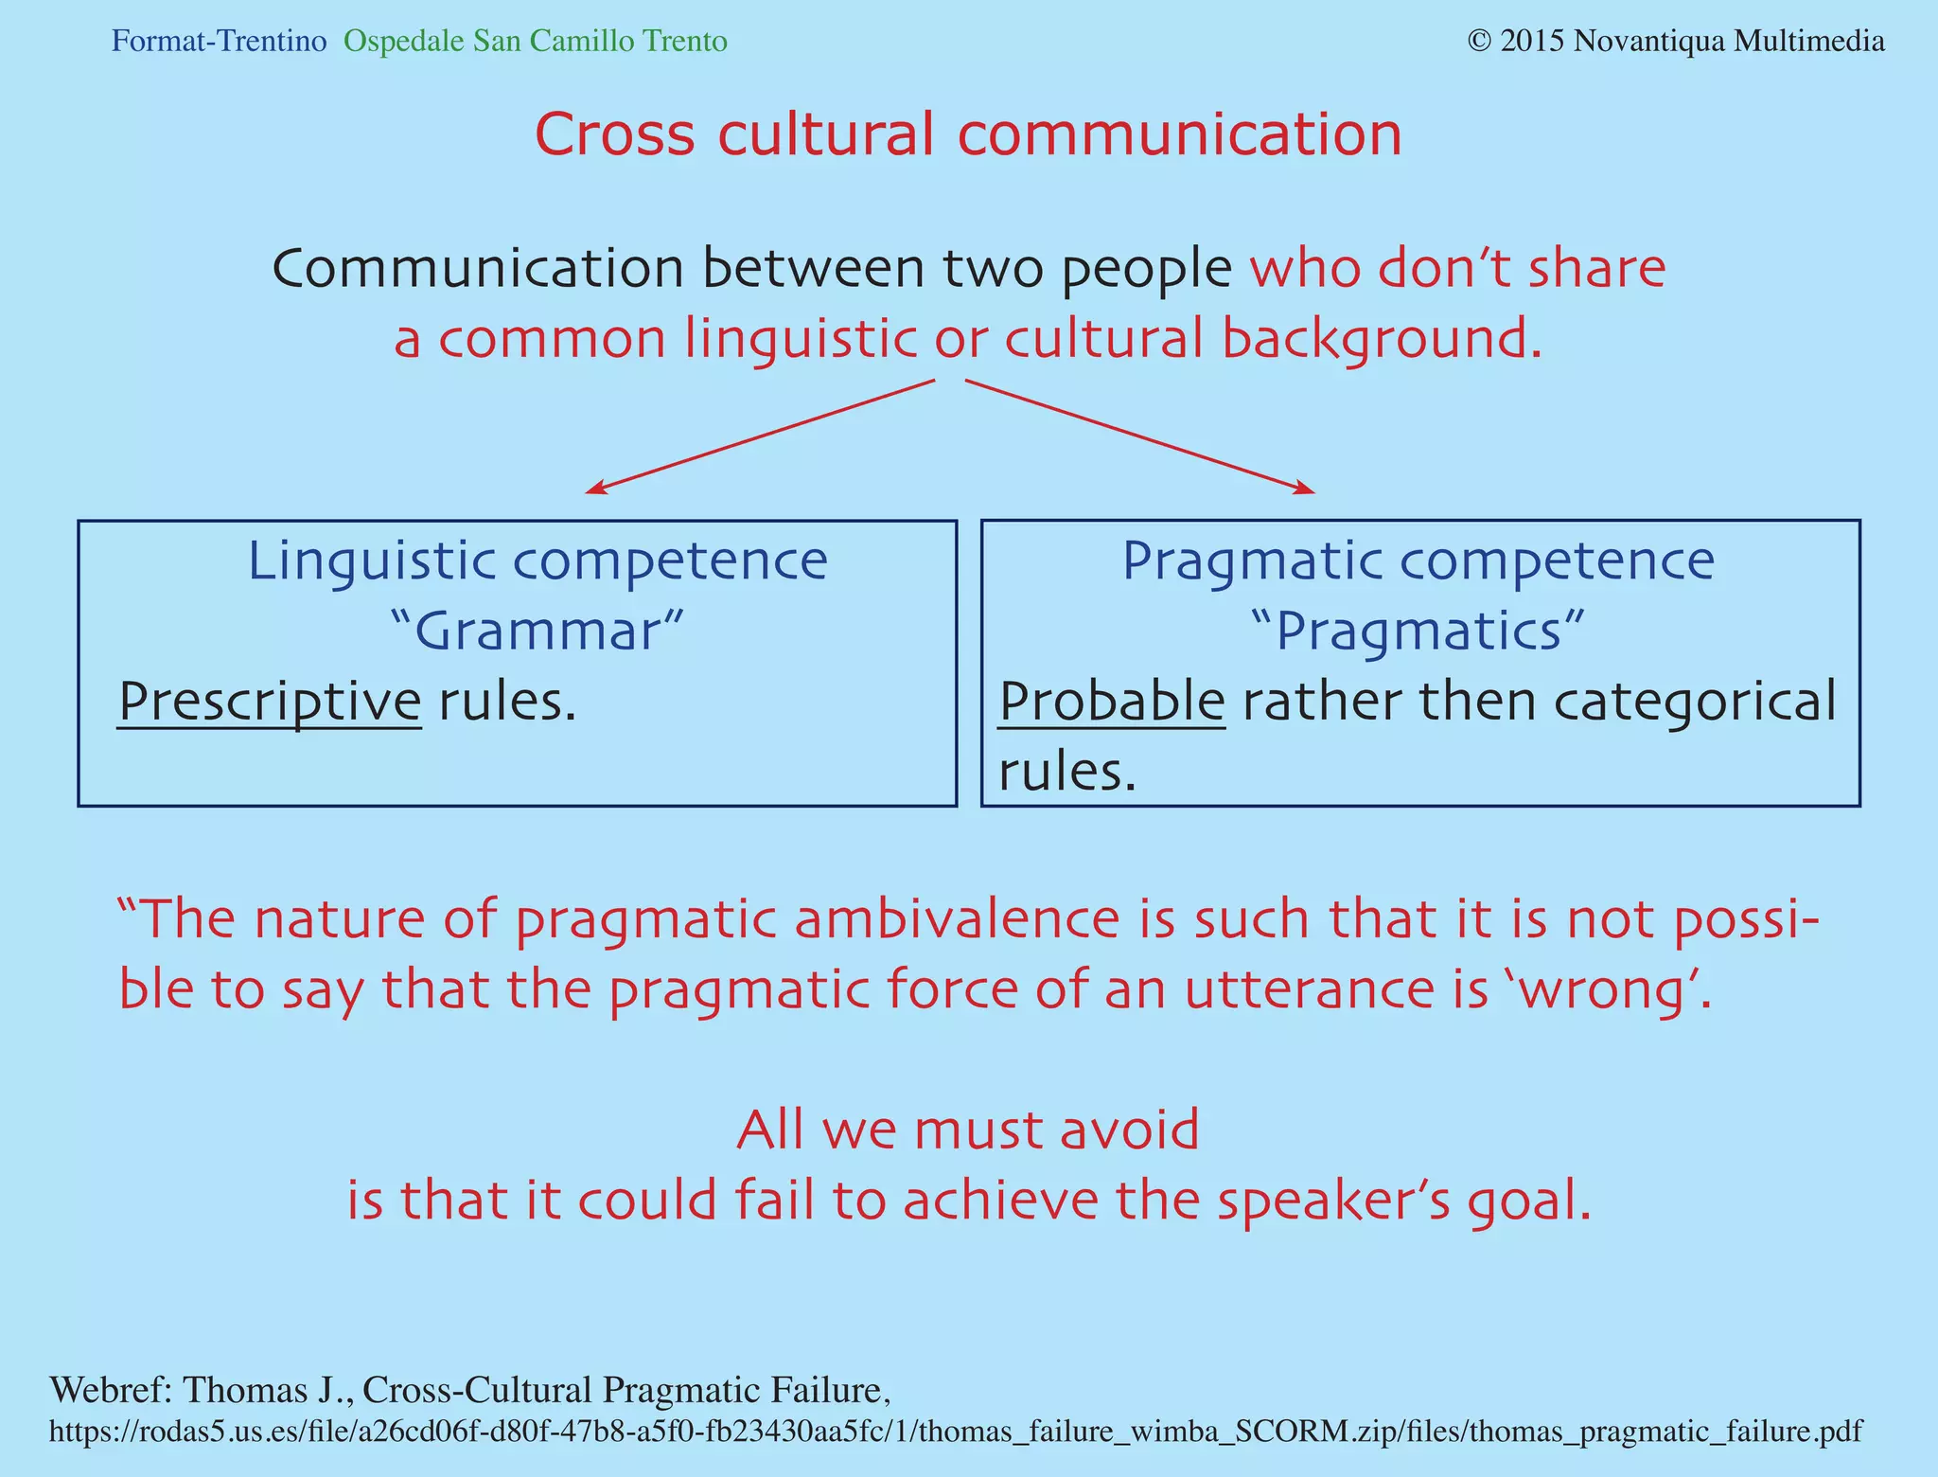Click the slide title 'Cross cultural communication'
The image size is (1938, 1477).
968,134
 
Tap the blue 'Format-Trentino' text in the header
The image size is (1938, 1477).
219,42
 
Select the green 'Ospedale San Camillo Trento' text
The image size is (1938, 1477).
536,42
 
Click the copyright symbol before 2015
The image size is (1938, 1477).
1479,42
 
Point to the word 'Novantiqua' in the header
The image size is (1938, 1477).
1655,42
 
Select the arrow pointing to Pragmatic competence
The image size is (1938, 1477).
1140,436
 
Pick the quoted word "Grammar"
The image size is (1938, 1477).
537,632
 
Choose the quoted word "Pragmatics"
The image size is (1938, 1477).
1417,632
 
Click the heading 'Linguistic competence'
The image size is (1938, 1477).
537,561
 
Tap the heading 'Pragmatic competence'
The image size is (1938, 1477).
1418,561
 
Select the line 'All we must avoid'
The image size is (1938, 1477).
967,1130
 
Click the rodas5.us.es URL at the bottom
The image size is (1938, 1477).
955,1432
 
